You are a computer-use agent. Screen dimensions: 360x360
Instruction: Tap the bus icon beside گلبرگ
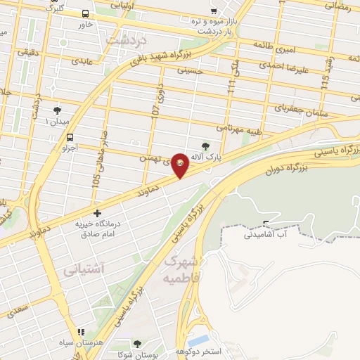coord(86,13)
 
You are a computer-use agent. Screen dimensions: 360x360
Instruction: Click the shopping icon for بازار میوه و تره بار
coord(212,12)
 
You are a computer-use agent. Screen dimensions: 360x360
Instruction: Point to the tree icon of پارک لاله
coord(205,145)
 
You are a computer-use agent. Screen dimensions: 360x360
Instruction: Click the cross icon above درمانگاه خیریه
coord(97,212)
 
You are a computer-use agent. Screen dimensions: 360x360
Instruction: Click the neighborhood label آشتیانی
coord(84,269)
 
